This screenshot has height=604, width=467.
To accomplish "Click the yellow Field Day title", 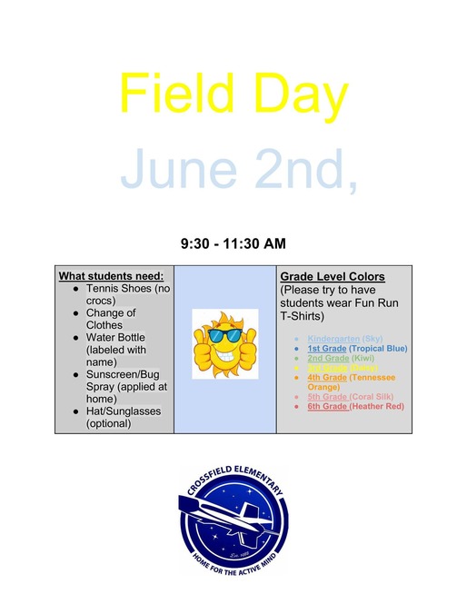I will [233, 93].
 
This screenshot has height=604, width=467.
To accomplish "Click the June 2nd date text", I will [238, 168].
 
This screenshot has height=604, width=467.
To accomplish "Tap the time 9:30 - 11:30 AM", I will [233, 243].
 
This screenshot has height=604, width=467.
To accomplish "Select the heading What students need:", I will [111, 276].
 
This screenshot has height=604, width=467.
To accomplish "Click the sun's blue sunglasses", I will [224, 334].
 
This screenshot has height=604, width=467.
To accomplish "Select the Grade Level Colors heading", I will [333, 276].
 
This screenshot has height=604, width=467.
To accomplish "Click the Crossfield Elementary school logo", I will [232, 520].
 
